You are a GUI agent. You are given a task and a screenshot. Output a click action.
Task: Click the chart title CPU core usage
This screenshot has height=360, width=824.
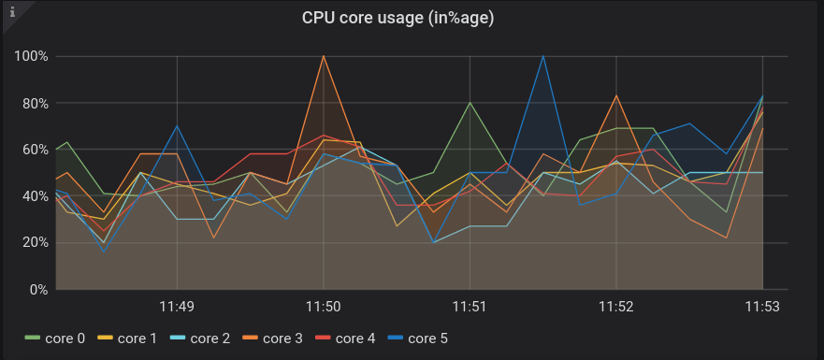coord(398,17)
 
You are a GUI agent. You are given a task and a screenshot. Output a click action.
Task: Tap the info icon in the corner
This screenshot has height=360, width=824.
coord(11,12)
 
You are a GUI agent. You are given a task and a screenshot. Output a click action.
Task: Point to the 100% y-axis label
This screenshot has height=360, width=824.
coord(31,56)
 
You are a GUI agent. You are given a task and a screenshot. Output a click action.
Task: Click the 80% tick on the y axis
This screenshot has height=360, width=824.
coord(34,103)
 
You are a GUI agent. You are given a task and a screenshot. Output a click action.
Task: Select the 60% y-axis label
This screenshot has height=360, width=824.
coord(34,150)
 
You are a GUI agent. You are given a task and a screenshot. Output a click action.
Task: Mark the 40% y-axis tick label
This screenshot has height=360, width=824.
coord(34,196)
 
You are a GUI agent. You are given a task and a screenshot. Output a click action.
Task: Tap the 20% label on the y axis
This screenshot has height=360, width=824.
coord(34,243)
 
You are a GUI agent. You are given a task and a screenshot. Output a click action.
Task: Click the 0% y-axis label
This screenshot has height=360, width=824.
coord(37,290)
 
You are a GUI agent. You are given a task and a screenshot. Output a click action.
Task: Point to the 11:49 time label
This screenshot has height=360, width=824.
coord(177,306)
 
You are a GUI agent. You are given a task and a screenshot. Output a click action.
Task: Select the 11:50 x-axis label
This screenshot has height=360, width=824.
coord(324,306)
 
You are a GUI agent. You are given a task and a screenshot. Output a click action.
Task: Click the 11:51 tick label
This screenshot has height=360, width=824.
coord(470,306)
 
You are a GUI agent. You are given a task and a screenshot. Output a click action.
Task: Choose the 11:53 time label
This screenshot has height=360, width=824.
coord(762,306)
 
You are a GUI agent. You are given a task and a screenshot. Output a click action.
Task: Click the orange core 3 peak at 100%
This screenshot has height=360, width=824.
coord(324,56)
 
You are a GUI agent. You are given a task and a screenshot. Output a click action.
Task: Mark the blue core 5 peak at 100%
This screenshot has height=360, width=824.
coord(543,56)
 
